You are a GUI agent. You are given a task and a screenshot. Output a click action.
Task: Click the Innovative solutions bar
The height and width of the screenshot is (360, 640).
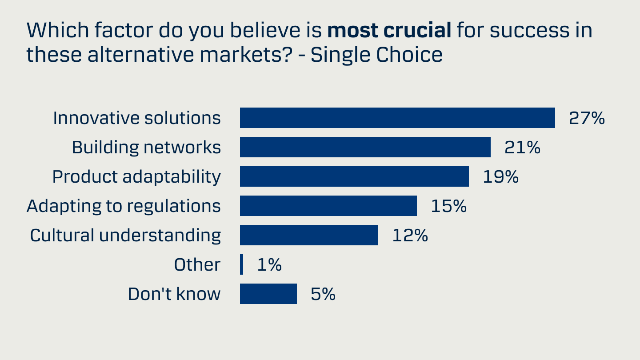pos(397,118)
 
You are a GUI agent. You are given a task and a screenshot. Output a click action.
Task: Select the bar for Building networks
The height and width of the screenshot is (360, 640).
pos(365,147)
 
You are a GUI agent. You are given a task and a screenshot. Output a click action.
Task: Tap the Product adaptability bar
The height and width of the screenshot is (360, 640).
pos(354,176)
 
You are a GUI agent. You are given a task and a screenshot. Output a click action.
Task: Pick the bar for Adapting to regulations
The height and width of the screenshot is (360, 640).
pos(328,206)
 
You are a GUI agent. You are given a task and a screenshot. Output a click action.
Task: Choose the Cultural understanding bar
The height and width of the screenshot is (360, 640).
pos(309,235)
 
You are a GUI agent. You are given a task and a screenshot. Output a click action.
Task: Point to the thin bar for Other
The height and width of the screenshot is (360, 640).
pos(241,264)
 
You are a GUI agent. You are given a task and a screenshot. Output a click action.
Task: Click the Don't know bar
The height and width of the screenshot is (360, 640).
pos(268,294)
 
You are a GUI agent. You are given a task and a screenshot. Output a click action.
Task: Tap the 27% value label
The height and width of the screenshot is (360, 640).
pos(587,118)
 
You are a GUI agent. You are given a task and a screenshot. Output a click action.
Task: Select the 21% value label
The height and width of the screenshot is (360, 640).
pos(522,148)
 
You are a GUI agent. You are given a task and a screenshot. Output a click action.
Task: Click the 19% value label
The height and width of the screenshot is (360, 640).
pos(500,177)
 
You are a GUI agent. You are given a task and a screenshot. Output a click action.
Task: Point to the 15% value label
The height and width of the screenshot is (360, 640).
pos(448,206)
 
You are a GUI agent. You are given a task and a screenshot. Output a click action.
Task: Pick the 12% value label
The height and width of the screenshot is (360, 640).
pos(410,236)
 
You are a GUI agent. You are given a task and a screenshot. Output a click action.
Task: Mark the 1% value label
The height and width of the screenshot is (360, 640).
pos(269,265)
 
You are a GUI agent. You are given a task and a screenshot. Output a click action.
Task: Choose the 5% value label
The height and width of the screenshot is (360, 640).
pos(323,294)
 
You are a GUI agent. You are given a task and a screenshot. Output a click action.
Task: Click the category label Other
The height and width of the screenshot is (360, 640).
pos(197,265)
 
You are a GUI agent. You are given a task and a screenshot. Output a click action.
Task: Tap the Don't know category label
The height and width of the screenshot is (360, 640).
pos(174,294)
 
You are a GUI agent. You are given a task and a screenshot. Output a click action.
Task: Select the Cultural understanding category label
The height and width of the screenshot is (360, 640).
pos(125,236)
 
